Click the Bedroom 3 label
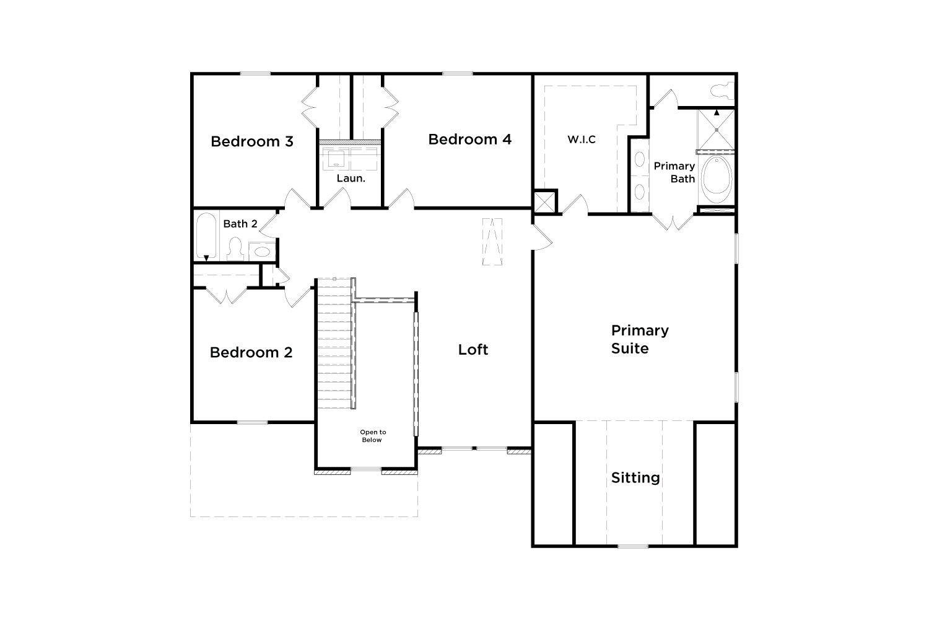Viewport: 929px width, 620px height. pos(251,141)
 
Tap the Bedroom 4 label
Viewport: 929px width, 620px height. pos(469,139)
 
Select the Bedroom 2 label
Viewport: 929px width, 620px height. pos(251,353)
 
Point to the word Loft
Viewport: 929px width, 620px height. pos(473,350)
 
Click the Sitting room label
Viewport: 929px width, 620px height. pos(635,478)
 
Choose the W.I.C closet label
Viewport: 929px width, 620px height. pos(582,139)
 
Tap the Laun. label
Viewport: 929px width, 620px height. pos(351,179)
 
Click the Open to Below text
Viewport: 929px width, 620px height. pos(372,436)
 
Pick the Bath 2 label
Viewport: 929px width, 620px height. pos(240,224)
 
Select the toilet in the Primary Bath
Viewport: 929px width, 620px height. pos(722,91)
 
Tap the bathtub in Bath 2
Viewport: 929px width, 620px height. pos(206,236)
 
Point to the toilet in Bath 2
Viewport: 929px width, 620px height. pos(235,249)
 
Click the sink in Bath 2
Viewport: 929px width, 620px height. pos(262,251)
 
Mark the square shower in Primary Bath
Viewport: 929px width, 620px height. pos(716,130)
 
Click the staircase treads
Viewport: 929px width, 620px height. pos(334,343)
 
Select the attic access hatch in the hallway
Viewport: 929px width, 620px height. pos(492,242)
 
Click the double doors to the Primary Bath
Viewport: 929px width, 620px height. pos(673,222)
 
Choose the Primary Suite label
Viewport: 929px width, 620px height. pos(640,339)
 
